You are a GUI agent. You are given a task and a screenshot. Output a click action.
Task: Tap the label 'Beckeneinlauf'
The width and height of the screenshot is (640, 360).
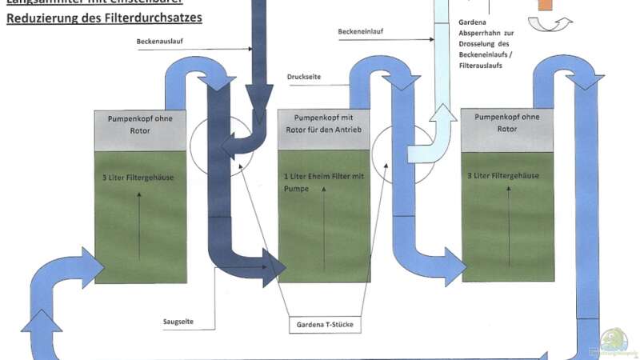[x=360, y=33]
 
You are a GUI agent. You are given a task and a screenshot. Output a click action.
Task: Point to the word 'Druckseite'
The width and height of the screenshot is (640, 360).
[x=305, y=78]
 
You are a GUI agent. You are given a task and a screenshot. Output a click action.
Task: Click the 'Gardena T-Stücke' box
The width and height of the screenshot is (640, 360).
[x=324, y=326]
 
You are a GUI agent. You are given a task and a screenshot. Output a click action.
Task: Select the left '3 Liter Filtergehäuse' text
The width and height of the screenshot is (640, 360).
[x=140, y=177]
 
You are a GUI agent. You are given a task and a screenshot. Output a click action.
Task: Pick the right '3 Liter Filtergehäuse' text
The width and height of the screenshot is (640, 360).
[x=509, y=175]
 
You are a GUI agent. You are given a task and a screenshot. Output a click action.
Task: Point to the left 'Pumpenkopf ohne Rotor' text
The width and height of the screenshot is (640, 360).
[x=140, y=125]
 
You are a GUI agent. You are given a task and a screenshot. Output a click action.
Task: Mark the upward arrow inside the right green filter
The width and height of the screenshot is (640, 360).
[x=509, y=221]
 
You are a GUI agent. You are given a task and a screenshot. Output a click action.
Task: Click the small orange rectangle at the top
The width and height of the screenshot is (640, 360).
[x=546, y=4]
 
